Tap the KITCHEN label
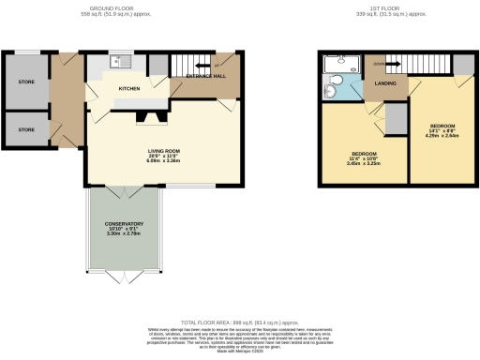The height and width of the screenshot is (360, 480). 128,89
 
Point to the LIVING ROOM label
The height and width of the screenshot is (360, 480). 163,151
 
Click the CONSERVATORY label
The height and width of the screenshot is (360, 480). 124,224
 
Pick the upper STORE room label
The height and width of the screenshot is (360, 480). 26,82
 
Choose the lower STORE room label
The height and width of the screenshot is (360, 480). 26,128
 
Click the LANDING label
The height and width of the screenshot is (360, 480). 385,86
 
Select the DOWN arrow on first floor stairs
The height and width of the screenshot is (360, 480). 377,64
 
